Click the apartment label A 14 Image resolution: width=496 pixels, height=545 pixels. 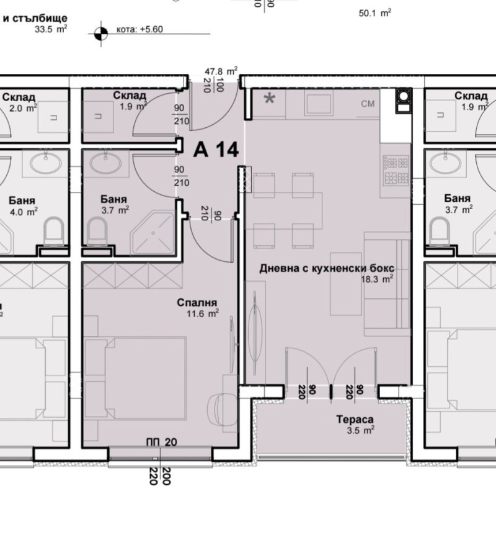pyautogui.click(x=216, y=150)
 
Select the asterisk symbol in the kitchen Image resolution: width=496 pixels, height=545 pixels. pyautogui.click(x=270, y=99)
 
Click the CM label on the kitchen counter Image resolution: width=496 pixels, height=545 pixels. pyautogui.click(x=368, y=104)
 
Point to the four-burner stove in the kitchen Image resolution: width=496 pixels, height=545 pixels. pyautogui.click(x=397, y=172)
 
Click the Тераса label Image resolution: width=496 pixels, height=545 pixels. pyautogui.click(x=355, y=419)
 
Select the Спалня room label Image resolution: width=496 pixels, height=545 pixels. pyautogui.click(x=197, y=303)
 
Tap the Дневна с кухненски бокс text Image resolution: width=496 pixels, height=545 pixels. pyautogui.click(x=326, y=268)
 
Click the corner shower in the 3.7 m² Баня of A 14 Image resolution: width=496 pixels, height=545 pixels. pyautogui.click(x=156, y=233)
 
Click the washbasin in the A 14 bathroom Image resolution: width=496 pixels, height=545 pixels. pyautogui.click(x=106, y=164)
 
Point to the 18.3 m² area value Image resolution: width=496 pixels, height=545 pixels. pyautogui.click(x=378, y=279)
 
